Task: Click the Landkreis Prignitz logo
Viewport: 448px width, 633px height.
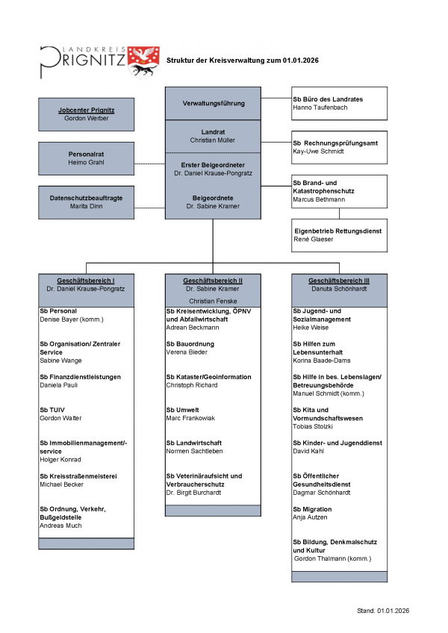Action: pyautogui.click(x=99, y=60)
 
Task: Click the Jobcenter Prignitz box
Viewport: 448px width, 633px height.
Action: pyautogui.click(x=87, y=114)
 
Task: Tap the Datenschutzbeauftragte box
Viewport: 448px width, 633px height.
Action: pyautogui.click(x=87, y=202)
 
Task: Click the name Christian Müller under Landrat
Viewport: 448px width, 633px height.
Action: pyautogui.click(x=213, y=140)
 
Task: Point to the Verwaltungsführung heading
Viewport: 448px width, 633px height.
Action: pyautogui.click(x=213, y=103)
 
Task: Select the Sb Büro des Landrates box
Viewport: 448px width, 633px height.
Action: pyautogui.click(x=339, y=103)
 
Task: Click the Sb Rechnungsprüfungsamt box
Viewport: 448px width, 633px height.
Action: pyautogui.click(x=339, y=146)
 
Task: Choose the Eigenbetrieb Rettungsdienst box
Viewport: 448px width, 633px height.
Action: pyautogui.click(x=339, y=235)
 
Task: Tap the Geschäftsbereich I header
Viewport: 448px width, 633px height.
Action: pyautogui.click(x=87, y=281)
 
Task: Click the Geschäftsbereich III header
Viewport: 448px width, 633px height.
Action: pyautogui.click(x=339, y=281)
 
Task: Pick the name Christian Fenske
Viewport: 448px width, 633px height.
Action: pyautogui.click(x=213, y=300)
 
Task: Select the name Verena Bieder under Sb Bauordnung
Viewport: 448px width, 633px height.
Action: pyautogui.click(x=187, y=352)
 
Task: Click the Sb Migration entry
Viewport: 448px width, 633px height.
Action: pyautogui.click(x=312, y=509)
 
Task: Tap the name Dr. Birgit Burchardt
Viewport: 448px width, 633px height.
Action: pyautogui.click(x=193, y=493)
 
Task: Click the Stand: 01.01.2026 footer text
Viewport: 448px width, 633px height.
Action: pyautogui.click(x=383, y=611)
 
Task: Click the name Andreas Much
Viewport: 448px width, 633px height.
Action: pyautogui.click(x=60, y=526)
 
